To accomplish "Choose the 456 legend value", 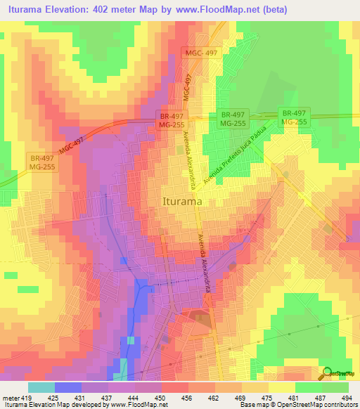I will [186, 398].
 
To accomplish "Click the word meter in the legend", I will [10, 398].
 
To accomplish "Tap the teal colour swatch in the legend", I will [41, 387].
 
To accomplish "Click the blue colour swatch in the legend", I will [68, 387].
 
